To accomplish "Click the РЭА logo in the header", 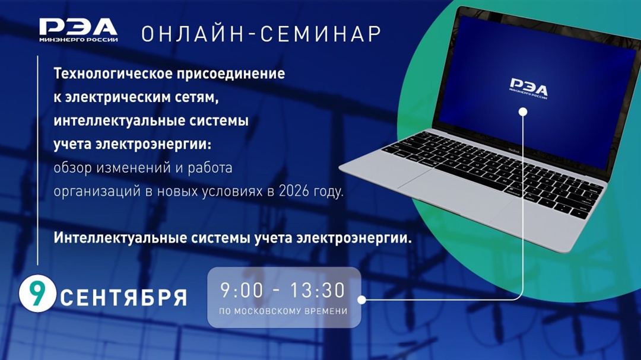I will (78, 30).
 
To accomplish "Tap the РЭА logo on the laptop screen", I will (528, 88).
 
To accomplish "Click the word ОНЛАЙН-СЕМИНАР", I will (261, 34).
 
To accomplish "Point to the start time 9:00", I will (241, 291).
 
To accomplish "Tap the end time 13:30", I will (317, 291).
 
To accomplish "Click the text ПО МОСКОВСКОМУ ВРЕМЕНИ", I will (284, 311).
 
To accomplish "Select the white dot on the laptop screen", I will (523, 111).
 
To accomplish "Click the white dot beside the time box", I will (361, 300).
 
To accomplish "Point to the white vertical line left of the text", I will (38, 160).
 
